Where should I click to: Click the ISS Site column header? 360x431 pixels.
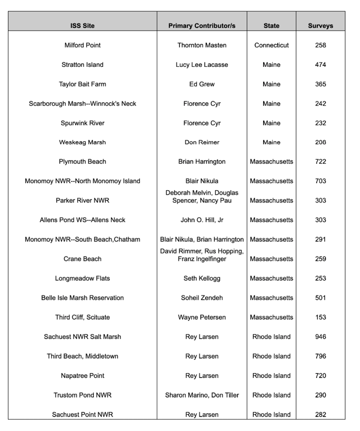click(x=82, y=26)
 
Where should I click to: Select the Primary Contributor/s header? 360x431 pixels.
click(x=202, y=26)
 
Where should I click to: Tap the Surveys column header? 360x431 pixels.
click(x=320, y=26)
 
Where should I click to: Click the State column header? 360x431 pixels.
click(x=271, y=26)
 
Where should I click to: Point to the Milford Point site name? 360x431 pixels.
click(x=82, y=45)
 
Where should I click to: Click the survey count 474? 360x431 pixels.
click(x=320, y=65)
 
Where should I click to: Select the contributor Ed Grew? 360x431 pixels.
click(x=202, y=84)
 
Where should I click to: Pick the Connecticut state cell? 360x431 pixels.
click(x=271, y=45)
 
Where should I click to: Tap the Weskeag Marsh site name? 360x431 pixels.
click(x=82, y=143)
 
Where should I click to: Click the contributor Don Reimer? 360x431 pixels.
click(x=202, y=143)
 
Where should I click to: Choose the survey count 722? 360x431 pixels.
click(x=320, y=162)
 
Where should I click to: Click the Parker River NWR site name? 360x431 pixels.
click(x=82, y=201)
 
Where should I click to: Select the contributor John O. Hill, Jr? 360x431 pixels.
click(x=202, y=220)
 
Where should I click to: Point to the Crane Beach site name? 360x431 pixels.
click(x=82, y=259)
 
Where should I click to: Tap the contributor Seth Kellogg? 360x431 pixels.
click(x=202, y=279)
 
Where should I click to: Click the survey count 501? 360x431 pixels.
click(x=320, y=298)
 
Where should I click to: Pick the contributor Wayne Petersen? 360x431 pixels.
click(x=202, y=317)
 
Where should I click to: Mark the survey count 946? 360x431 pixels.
click(x=320, y=337)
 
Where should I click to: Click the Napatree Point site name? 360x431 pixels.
click(x=82, y=376)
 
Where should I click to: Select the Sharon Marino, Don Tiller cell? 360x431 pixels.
click(x=202, y=395)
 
